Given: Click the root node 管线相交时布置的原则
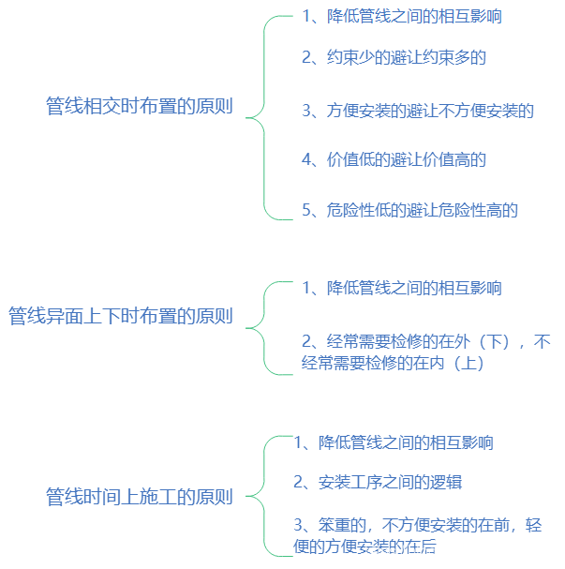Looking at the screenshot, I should pyautogui.click(x=138, y=106).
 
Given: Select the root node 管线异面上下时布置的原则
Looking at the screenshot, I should pyautogui.click(x=120, y=316).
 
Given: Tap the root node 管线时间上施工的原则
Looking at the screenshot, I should pyautogui.click(x=139, y=497).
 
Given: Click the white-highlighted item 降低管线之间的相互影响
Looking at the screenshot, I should pyautogui.click(x=402, y=16).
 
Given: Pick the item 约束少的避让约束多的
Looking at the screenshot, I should pyautogui.click(x=394, y=57).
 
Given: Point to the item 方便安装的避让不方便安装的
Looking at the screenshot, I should pyautogui.click(x=417, y=111).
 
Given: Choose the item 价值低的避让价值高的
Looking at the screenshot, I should pyautogui.click(x=394, y=159).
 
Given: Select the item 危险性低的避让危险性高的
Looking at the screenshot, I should pyautogui.click(x=409, y=210).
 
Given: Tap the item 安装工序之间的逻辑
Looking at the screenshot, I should pyautogui.click(x=378, y=482).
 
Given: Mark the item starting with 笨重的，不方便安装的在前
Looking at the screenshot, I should pyautogui.click(x=417, y=534).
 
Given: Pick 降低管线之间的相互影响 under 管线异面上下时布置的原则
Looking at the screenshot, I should pyautogui.click(x=401, y=288).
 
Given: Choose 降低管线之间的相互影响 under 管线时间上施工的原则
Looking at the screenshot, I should pyautogui.click(x=394, y=442).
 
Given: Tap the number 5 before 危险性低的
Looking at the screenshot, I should pyautogui.click(x=306, y=210).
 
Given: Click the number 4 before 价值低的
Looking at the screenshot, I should pyautogui.click(x=306, y=159).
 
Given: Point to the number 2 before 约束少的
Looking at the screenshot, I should pyautogui.click(x=306, y=57).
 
